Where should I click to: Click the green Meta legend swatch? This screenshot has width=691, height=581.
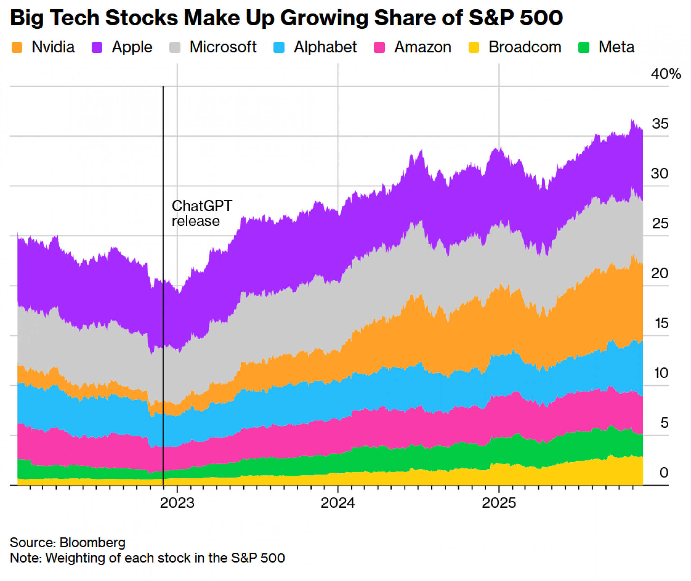584,47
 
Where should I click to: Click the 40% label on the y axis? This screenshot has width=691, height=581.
666,74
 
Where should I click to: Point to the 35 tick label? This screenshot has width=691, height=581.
660,124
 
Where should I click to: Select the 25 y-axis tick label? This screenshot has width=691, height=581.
660,224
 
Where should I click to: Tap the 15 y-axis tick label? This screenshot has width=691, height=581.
661,323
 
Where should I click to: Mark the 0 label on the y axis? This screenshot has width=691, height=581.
664,473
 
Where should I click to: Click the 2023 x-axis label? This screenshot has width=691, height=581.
177,503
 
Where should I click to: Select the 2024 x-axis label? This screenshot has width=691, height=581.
338,503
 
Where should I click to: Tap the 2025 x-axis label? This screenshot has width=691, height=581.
499,503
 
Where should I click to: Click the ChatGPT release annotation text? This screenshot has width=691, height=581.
202,213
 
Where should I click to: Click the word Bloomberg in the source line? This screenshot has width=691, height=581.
92,543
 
